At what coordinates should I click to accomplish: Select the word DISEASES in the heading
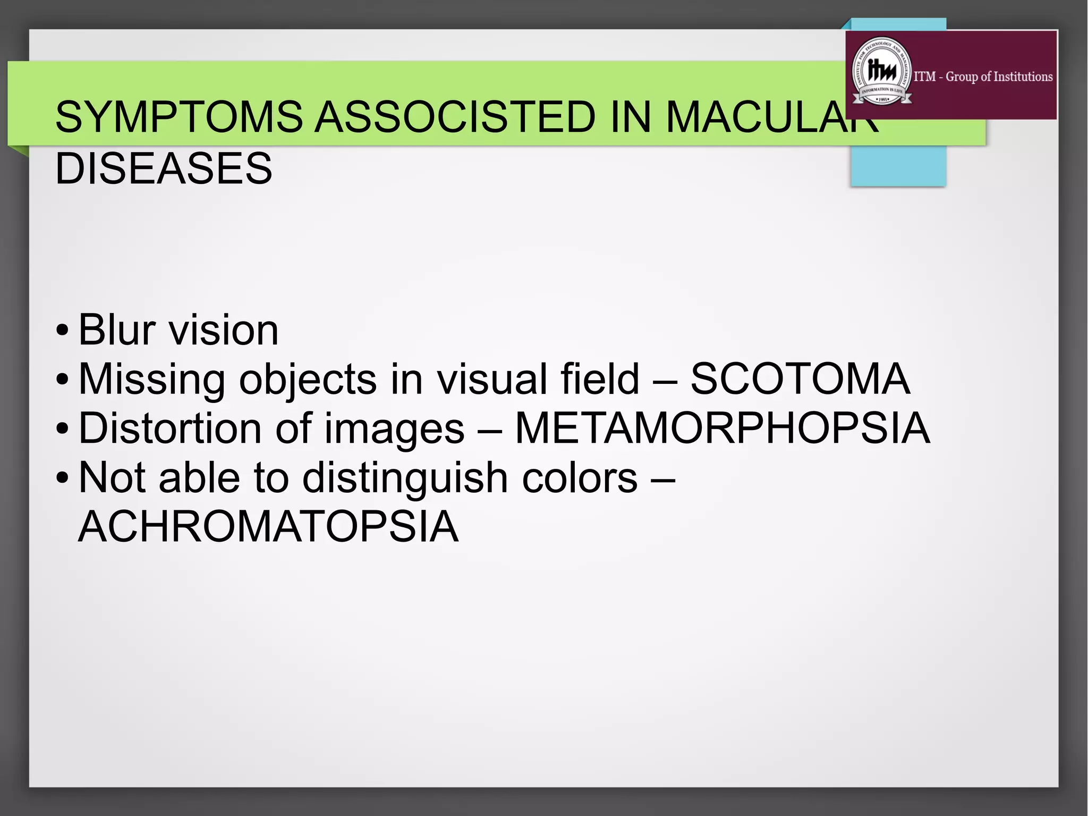click(164, 169)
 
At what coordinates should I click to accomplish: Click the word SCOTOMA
click(800, 379)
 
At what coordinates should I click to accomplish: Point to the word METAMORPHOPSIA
click(722, 428)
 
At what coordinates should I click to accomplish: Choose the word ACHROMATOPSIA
click(268, 527)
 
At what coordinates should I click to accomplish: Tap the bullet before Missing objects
click(62, 380)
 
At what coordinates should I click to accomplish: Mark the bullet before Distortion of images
click(62, 429)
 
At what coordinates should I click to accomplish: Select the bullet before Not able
click(62, 478)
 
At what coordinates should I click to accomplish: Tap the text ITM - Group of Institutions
click(983, 77)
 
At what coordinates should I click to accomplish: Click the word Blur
click(117, 330)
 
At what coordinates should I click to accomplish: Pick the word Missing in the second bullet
click(152, 380)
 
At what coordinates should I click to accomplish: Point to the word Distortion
click(170, 428)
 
